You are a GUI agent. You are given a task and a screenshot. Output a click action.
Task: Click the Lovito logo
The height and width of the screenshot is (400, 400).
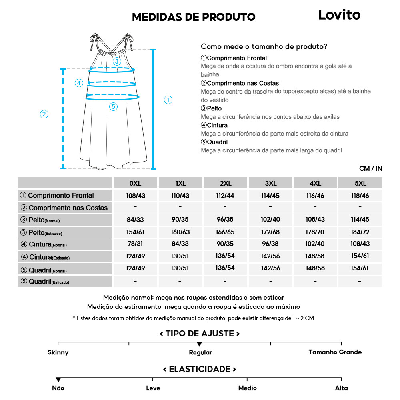tap(339, 15)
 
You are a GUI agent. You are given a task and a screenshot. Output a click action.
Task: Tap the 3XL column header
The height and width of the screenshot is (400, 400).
tap(270, 183)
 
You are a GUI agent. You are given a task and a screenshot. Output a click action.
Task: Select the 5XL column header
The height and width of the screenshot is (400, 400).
tap(360, 183)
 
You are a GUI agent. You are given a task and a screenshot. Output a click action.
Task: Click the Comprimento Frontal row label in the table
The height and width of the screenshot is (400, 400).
tap(61, 196)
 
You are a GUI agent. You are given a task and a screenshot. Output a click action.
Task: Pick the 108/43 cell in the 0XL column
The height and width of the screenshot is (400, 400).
tap(135, 196)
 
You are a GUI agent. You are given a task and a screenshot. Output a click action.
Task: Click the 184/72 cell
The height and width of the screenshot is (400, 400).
tap(360, 232)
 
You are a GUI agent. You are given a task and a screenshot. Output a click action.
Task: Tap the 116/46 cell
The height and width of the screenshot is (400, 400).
tap(315, 196)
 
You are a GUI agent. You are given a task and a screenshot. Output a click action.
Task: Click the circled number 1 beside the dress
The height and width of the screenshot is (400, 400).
tap(168, 100)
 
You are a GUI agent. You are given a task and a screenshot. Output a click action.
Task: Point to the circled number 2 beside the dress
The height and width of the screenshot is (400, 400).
tap(44, 114)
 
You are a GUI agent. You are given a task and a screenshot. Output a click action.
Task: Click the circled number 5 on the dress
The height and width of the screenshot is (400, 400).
tap(113, 106)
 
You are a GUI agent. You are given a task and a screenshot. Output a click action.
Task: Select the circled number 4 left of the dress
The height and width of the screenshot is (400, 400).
tap(79, 83)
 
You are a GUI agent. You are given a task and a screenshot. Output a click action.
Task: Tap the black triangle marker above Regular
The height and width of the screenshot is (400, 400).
tap(200, 344)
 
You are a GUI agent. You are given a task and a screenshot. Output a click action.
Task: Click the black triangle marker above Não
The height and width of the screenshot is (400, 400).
tap(58, 380)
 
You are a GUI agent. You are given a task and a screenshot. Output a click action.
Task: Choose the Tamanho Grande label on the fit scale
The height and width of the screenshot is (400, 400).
tap(335, 352)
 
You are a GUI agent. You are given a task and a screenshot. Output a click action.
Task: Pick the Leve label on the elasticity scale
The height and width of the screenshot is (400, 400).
tap(153, 388)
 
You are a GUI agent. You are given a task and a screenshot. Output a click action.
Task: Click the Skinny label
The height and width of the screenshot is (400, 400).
tap(58, 352)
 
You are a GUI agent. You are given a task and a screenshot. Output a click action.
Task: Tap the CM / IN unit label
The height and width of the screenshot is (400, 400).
tap(371, 168)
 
